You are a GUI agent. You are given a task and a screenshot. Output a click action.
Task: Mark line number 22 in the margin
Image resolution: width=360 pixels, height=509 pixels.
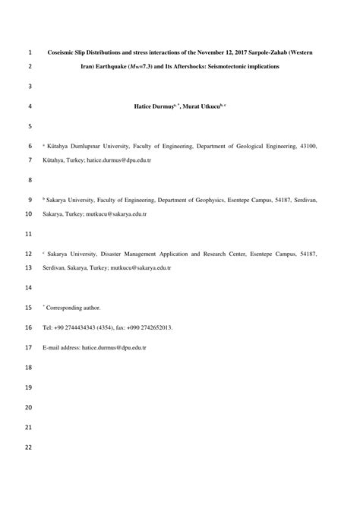[30, 447]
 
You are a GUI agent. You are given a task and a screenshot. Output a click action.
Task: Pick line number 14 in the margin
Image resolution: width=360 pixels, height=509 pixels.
[30, 288]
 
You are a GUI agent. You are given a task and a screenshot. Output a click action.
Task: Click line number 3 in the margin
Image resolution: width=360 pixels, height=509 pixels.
[30, 87]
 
